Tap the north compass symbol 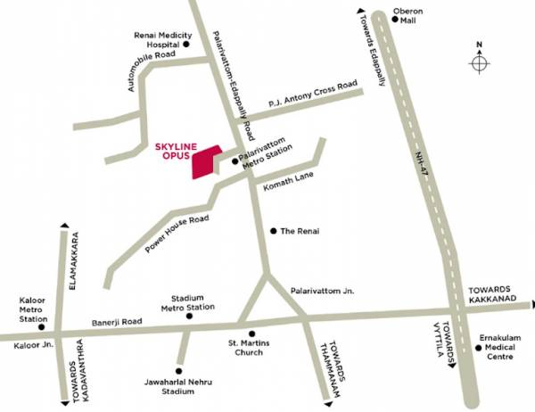pos(481,63)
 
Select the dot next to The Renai pos(274,230)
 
